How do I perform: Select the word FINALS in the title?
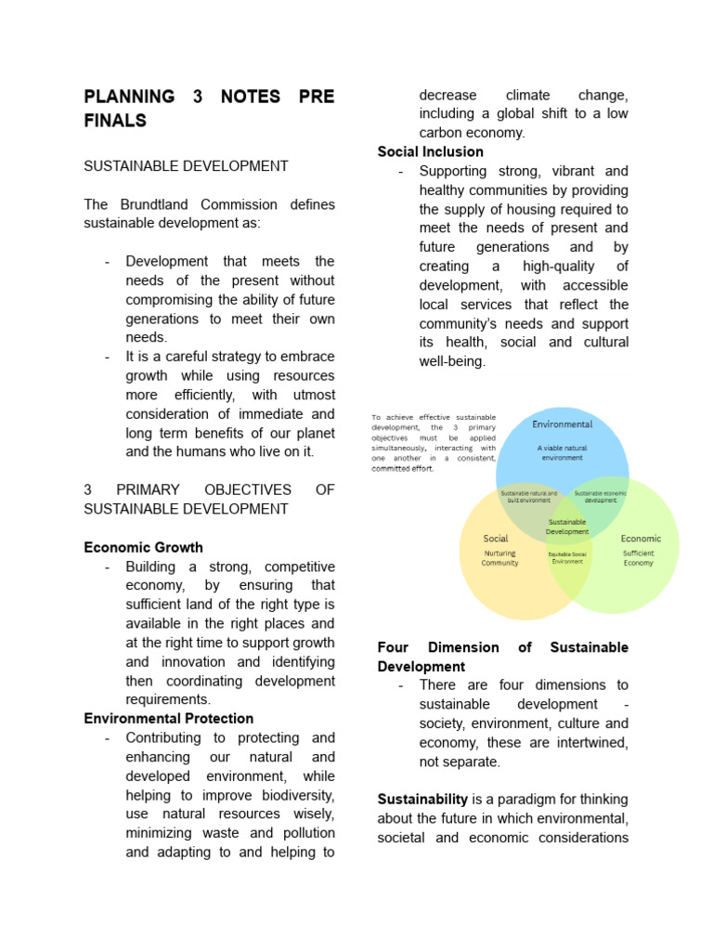115,121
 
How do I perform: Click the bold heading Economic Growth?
143,547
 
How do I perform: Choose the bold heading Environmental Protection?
168,718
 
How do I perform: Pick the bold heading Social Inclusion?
430,151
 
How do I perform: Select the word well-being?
452,361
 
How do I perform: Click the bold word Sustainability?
422,799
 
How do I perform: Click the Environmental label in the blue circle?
562,424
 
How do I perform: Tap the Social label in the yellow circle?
496,539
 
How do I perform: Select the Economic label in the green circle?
641,539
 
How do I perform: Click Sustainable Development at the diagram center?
567,527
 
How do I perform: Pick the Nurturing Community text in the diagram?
499,558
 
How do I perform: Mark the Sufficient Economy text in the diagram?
639,558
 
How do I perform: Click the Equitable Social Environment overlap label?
567,557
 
